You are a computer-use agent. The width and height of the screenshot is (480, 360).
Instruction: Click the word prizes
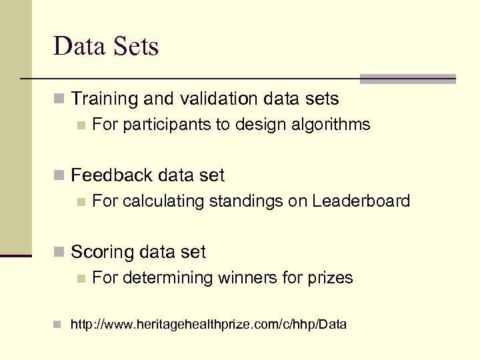click(x=330, y=277)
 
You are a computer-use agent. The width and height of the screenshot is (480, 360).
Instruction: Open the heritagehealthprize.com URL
click(x=209, y=325)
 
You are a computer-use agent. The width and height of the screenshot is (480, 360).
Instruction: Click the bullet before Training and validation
click(x=59, y=100)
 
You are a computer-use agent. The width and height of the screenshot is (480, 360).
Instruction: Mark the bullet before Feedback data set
click(x=59, y=176)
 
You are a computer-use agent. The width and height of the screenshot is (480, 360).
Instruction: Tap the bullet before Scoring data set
click(x=59, y=253)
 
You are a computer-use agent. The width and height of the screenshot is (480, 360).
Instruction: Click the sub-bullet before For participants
click(x=81, y=125)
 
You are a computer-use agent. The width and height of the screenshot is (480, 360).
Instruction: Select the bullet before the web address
click(x=59, y=325)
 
